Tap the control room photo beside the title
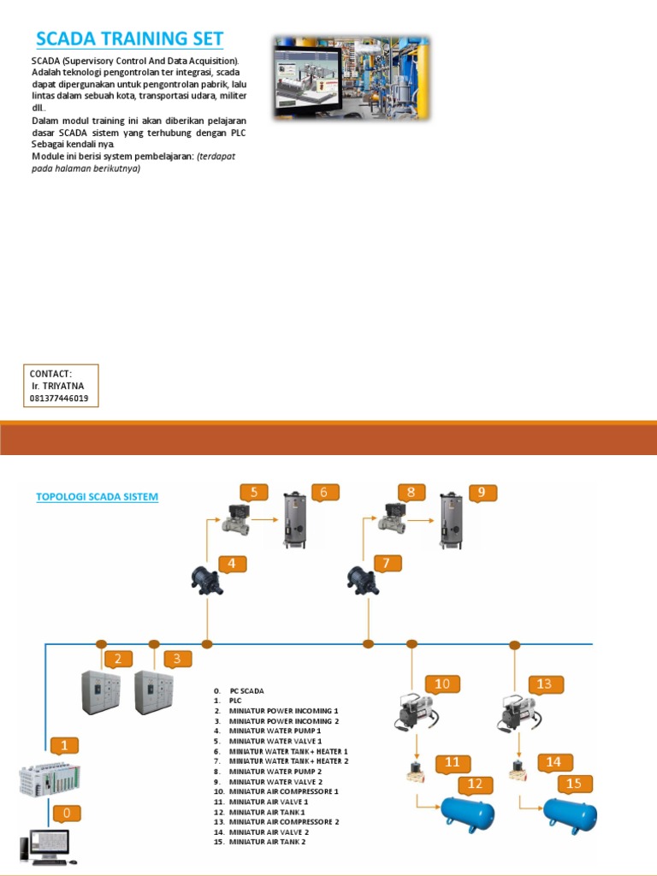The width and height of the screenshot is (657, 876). (352, 76)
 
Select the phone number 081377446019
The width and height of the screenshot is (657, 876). (59, 399)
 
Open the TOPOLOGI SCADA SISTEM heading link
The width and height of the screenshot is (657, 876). (97, 497)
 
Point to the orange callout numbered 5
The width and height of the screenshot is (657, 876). (253, 493)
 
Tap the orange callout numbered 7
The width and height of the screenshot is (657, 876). (386, 564)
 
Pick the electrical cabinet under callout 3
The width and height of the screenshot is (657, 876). (154, 692)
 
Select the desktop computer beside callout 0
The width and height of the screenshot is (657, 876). (50, 844)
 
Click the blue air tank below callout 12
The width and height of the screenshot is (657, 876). (467, 812)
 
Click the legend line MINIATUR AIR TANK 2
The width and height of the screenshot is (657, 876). (266, 842)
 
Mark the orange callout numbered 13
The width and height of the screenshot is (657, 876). (545, 684)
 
